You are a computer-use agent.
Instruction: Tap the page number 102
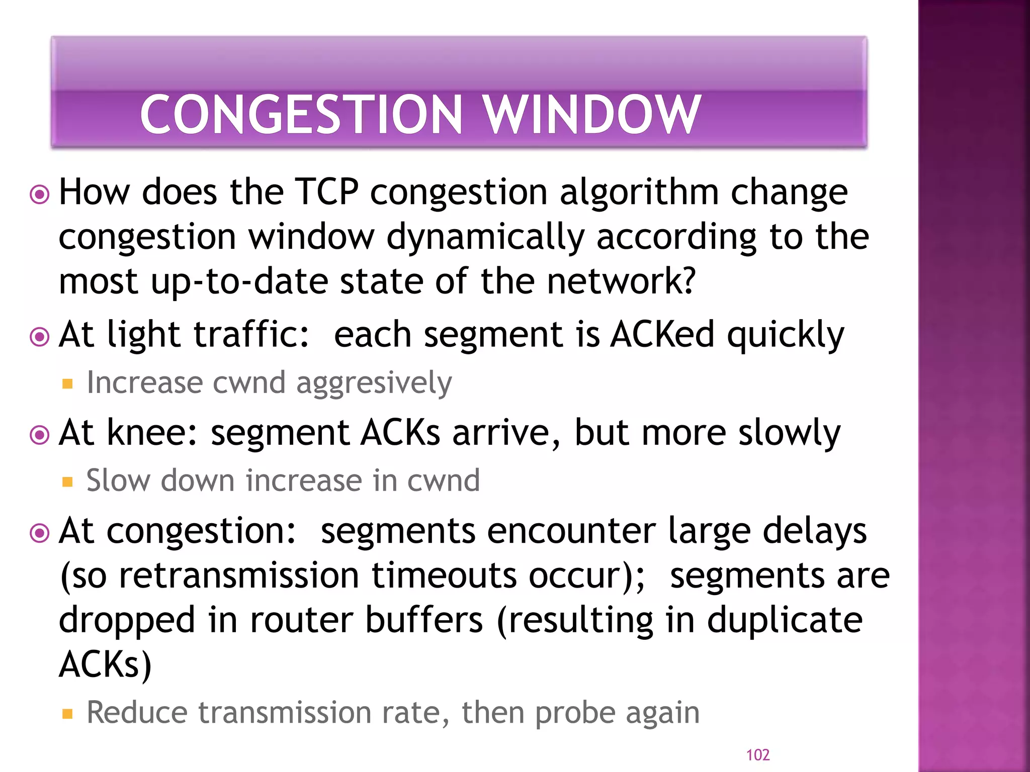[757, 754]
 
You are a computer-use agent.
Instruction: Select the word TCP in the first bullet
[327, 192]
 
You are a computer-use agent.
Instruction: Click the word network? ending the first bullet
[621, 281]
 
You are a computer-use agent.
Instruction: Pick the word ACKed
[662, 335]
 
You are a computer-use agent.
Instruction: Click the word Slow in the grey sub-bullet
[118, 480]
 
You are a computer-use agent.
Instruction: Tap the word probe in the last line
[575, 714]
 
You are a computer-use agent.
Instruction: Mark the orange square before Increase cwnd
[67, 384]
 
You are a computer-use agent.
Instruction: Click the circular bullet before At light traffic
[40, 336]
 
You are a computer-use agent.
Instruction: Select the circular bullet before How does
[40, 194]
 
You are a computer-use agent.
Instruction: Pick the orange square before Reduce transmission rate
[67, 714]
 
